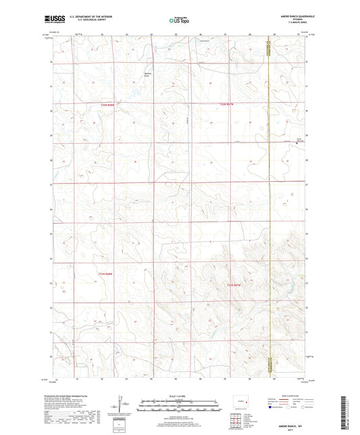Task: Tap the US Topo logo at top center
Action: click(179, 21)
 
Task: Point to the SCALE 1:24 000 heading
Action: click(179, 396)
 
